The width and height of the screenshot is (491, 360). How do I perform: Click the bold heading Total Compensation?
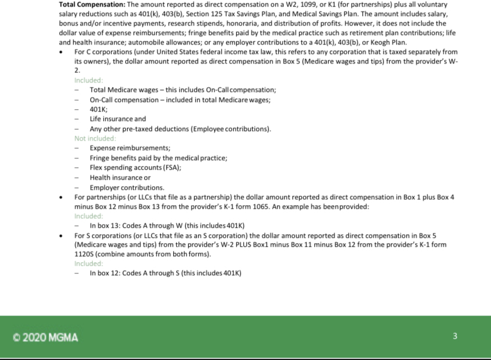point(88,4)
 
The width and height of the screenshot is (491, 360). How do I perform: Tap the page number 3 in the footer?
point(455,336)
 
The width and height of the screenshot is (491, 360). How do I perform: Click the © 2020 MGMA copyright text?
point(45,337)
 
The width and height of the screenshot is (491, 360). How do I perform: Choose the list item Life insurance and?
point(117,119)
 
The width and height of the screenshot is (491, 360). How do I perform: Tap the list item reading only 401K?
point(98,109)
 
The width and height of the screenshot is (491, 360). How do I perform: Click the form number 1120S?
point(84,254)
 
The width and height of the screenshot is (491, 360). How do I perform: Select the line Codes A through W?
point(167,225)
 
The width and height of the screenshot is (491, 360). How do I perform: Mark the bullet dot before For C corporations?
point(62,52)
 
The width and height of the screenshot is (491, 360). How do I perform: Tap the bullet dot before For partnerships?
point(62,196)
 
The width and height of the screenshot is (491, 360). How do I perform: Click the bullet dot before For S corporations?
point(62,235)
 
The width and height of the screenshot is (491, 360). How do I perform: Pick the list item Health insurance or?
point(120,177)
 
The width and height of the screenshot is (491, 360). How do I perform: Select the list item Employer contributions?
point(127,187)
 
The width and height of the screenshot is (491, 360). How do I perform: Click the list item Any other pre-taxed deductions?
point(180,129)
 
